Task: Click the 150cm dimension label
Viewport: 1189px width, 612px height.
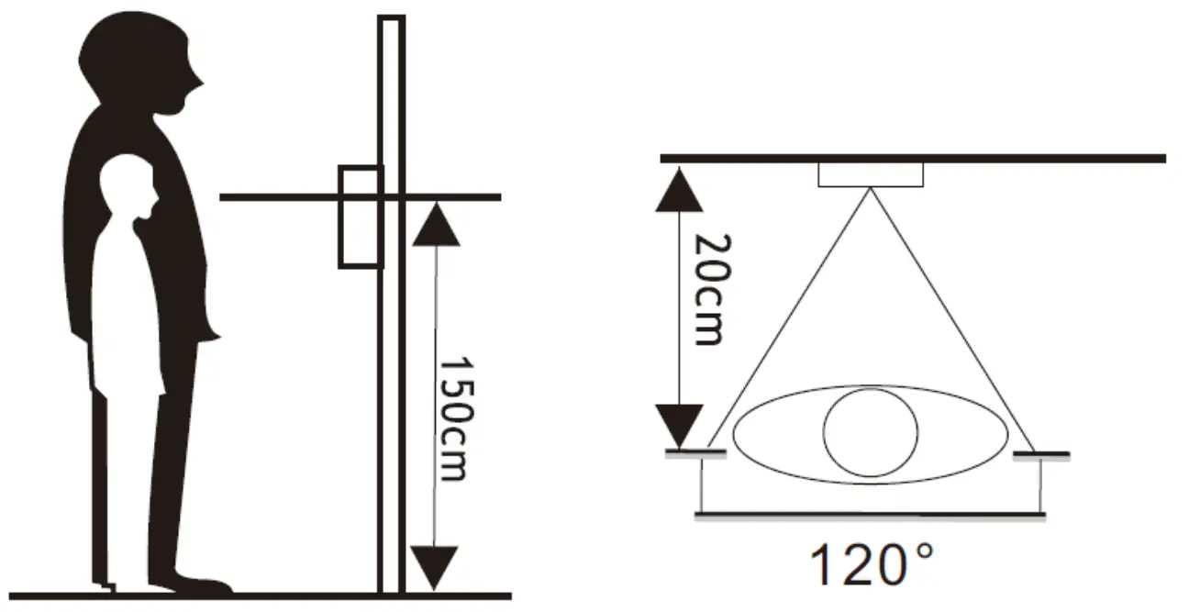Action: [x=457, y=419]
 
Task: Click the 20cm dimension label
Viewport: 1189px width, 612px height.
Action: [x=712, y=289]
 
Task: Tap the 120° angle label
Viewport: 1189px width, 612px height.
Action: [x=872, y=565]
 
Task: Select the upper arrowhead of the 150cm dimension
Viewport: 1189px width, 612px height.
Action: [x=437, y=224]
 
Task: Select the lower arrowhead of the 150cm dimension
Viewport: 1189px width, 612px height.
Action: [x=435, y=567]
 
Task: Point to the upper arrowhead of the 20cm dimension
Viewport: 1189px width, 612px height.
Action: [x=680, y=190]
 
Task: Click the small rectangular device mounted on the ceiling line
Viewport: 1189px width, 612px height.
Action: [x=871, y=174]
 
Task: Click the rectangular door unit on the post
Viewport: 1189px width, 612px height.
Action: [x=361, y=217]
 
